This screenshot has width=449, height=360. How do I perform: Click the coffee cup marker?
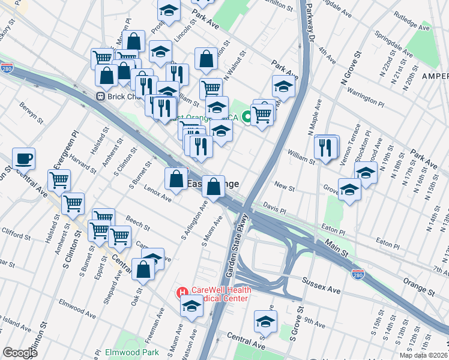click(x=23, y=159)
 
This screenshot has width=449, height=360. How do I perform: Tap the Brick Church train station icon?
click(x=101, y=96)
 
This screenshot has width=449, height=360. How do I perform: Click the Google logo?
click(x=20, y=353)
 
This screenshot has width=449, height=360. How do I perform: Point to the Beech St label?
click(x=138, y=224)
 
